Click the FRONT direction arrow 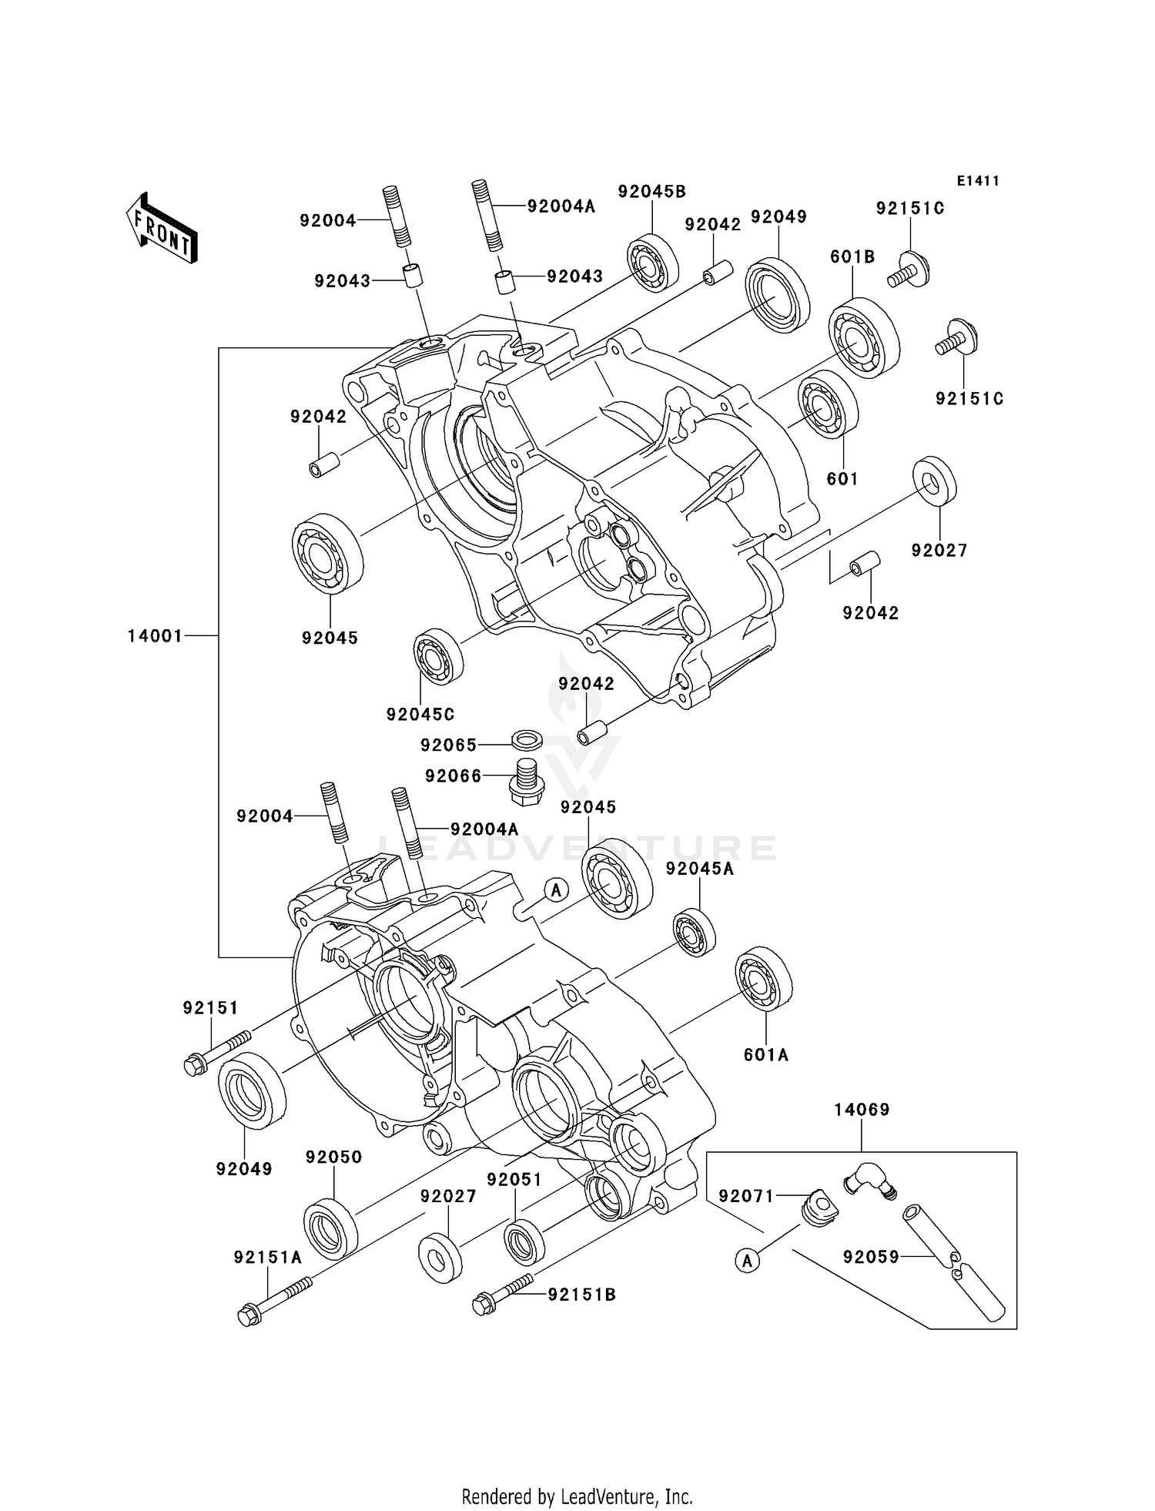click(x=162, y=229)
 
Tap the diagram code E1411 click(x=978, y=181)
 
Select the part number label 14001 click(x=155, y=636)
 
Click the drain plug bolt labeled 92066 click(x=525, y=780)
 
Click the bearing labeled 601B click(x=864, y=337)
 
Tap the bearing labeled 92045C click(x=438, y=655)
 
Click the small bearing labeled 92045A click(x=695, y=933)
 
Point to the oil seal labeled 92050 click(x=330, y=1229)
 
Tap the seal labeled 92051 click(x=524, y=1241)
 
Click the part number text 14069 click(x=862, y=1110)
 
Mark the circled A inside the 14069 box click(x=747, y=1261)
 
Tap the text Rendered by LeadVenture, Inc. click(x=577, y=1496)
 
